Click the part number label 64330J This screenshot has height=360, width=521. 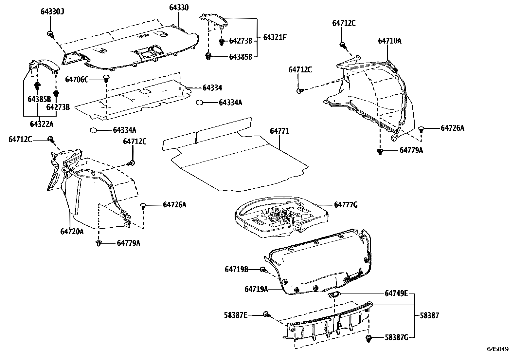click(x=52, y=12)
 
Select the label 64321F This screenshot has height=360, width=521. click(x=275, y=37)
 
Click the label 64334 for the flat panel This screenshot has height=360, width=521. click(x=212, y=88)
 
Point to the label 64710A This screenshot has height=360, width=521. click(x=389, y=41)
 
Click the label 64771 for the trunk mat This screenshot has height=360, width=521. click(x=279, y=131)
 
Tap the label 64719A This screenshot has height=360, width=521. click(x=256, y=289)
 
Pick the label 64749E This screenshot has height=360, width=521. click(x=396, y=293)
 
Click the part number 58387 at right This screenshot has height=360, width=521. click(x=429, y=315)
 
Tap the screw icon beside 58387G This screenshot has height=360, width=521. click(x=369, y=338)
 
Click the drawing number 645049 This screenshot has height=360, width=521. click(x=497, y=350)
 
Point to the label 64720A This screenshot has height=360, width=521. click(x=72, y=232)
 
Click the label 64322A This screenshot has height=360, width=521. click(x=41, y=124)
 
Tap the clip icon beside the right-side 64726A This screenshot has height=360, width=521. click(x=422, y=128)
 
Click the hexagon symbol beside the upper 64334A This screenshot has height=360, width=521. click(x=199, y=103)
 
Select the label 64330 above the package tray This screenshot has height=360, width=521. click(x=179, y=8)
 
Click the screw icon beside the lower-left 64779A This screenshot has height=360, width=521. click(x=99, y=243)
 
